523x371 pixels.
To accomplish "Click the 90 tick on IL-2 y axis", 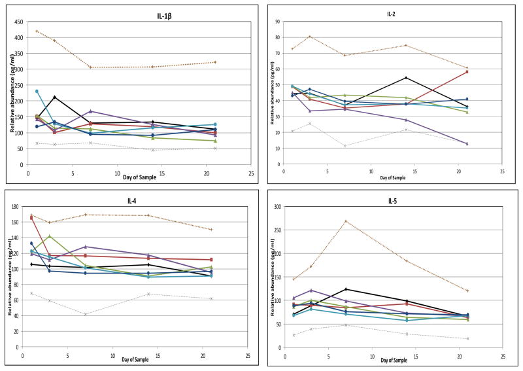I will tap(277, 22).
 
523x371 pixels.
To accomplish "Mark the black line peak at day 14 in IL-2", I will tap(406, 78).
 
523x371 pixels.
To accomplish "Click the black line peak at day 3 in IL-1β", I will tap(55, 97).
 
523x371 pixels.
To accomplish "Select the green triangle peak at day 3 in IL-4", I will tap(50, 236).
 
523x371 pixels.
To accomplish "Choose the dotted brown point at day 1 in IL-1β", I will tap(37, 31).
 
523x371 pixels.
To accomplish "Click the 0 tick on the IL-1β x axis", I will tap(28, 175).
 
